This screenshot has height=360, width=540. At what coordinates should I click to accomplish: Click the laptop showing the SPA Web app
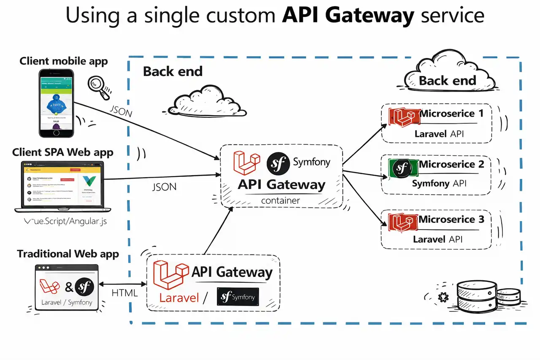(59, 187)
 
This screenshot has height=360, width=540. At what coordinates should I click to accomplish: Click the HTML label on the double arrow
(125, 292)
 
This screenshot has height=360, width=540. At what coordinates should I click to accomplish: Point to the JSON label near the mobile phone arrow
(121, 112)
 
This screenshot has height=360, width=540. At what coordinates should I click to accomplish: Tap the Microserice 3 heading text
(451, 219)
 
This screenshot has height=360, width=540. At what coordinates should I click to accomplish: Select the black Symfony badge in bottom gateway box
(238, 297)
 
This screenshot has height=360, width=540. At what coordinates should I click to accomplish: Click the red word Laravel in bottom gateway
(179, 298)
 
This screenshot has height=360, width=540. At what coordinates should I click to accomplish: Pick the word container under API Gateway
(281, 200)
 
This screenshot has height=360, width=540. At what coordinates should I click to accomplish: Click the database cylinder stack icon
(487, 297)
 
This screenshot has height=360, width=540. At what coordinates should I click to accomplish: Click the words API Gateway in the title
(348, 16)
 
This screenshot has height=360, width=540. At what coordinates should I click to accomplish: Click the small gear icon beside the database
(443, 297)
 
